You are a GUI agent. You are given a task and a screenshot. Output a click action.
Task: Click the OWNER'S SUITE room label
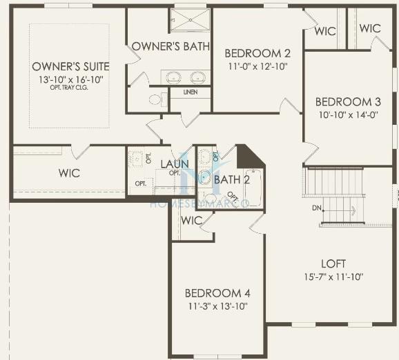(x=70, y=66)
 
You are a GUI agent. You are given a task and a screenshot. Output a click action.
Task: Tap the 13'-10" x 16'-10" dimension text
(x=70, y=79)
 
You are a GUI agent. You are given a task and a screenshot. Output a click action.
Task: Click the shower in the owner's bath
(x=189, y=20)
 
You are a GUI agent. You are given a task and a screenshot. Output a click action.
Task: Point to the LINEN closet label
(x=190, y=92)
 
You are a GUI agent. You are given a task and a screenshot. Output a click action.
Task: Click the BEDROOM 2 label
(x=257, y=53)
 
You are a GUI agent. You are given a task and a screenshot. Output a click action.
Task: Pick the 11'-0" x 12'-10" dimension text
(x=257, y=67)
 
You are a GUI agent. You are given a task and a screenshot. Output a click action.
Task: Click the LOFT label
(x=333, y=263)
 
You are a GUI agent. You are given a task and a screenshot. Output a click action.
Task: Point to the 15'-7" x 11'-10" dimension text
(x=333, y=277)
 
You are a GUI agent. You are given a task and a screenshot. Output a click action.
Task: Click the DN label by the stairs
(x=317, y=208)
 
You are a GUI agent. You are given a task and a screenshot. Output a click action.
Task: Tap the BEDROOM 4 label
(x=213, y=292)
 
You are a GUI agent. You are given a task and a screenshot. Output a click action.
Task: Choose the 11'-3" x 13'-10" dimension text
(x=216, y=306)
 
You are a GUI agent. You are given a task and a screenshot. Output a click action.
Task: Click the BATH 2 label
(x=226, y=180)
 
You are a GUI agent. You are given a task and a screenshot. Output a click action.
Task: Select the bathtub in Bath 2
(x=253, y=188)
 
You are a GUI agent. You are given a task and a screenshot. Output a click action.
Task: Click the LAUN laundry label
(x=175, y=163)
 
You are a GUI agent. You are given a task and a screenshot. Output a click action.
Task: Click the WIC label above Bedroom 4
(x=191, y=220)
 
